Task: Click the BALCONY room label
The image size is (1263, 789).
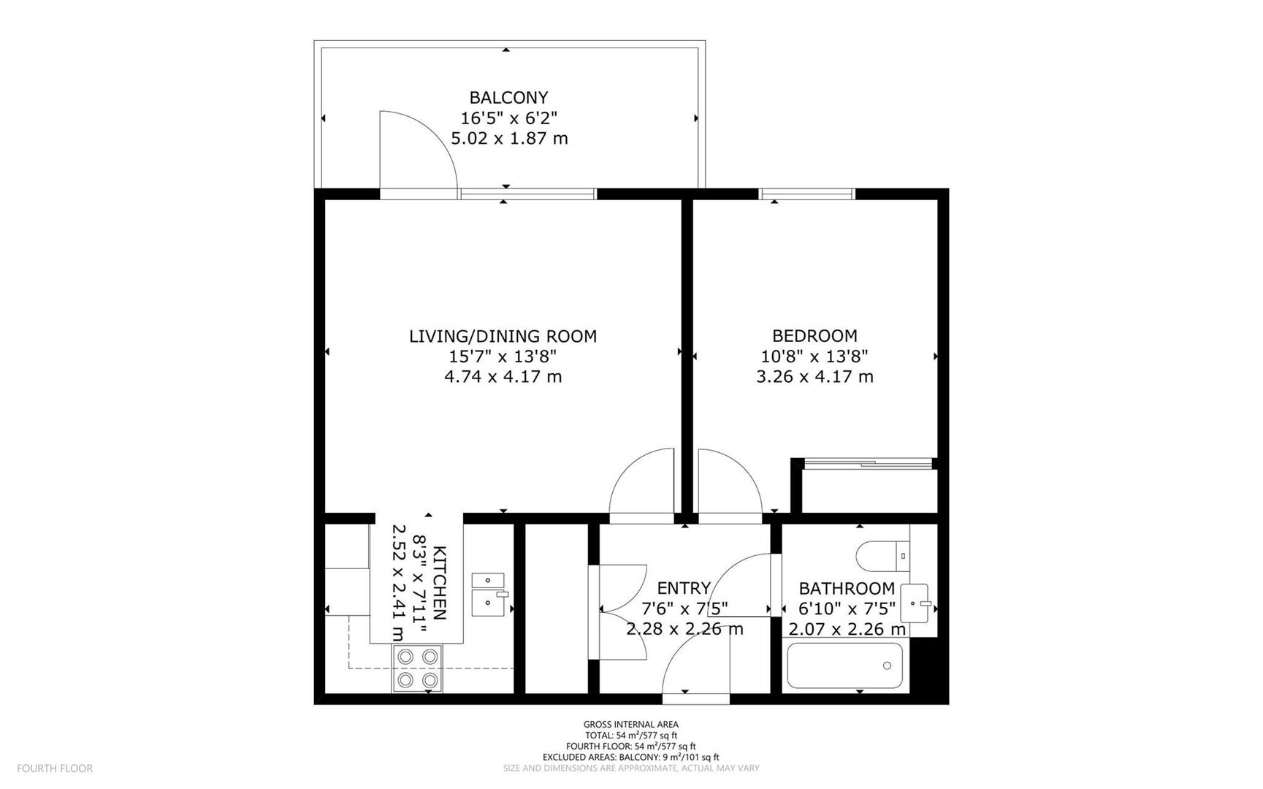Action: tap(508, 97)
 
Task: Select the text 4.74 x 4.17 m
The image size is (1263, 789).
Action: tap(503, 377)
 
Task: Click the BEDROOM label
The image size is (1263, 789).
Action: tap(814, 336)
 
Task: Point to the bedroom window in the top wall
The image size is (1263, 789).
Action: tap(806, 194)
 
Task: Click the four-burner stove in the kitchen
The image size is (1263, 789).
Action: tap(417, 668)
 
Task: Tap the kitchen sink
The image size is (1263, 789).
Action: tap(488, 595)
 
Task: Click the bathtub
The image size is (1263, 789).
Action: tap(845, 666)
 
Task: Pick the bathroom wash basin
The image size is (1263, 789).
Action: tap(915, 603)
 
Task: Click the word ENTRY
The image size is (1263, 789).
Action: tap(684, 588)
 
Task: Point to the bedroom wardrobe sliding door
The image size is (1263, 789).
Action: tap(868, 463)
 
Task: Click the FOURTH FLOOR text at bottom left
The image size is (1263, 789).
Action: tap(55, 769)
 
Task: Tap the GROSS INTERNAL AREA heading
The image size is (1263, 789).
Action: tap(630, 725)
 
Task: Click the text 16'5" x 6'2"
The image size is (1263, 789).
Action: tap(508, 118)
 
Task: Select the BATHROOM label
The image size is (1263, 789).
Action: tap(847, 588)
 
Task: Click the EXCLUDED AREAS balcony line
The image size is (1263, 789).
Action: tap(630, 758)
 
